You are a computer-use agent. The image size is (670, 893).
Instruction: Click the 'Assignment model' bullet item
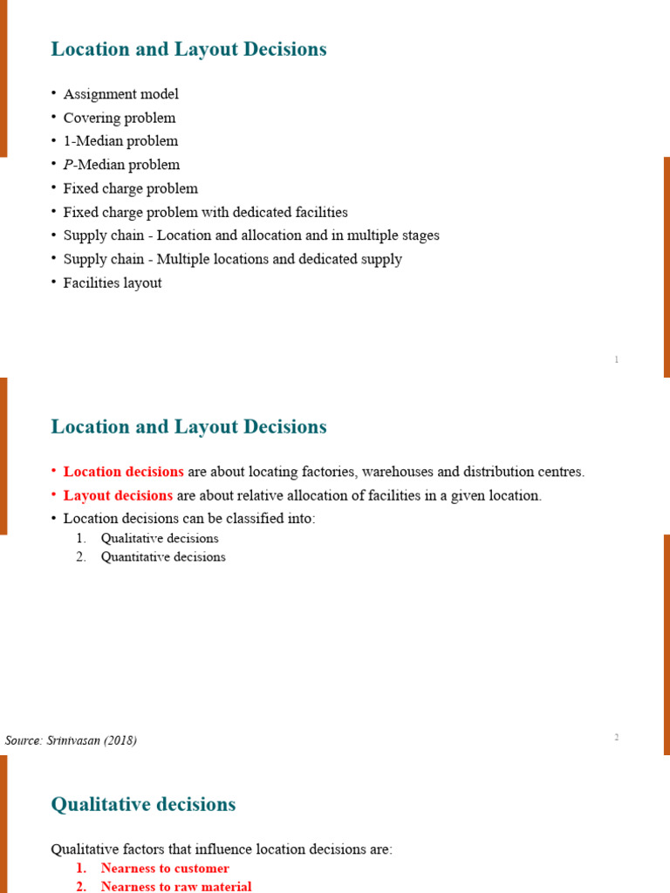click(120, 94)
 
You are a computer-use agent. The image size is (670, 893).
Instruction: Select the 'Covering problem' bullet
click(119, 118)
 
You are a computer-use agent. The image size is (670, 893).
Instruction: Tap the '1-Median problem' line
click(120, 141)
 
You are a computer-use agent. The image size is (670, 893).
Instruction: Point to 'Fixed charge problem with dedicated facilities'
click(205, 212)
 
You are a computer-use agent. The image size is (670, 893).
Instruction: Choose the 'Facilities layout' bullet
click(113, 283)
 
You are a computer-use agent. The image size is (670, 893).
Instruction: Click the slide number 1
click(616, 359)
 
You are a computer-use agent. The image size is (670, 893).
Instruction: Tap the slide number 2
click(616, 738)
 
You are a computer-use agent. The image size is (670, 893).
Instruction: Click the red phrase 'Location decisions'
click(123, 472)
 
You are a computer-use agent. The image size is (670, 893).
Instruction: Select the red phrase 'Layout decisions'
click(118, 495)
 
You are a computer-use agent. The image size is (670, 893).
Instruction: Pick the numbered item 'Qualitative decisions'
click(160, 538)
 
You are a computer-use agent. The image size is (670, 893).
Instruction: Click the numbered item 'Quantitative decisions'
click(163, 556)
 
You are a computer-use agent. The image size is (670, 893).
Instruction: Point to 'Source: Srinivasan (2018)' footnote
click(71, 740)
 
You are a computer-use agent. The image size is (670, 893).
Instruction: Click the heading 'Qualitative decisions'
click(143, 804)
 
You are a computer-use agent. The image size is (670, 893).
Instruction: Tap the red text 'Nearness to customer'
click(165, 868)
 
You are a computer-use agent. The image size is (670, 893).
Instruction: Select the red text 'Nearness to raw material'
click(176, 886)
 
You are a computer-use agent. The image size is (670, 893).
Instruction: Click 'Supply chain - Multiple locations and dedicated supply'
click(232, 259)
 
